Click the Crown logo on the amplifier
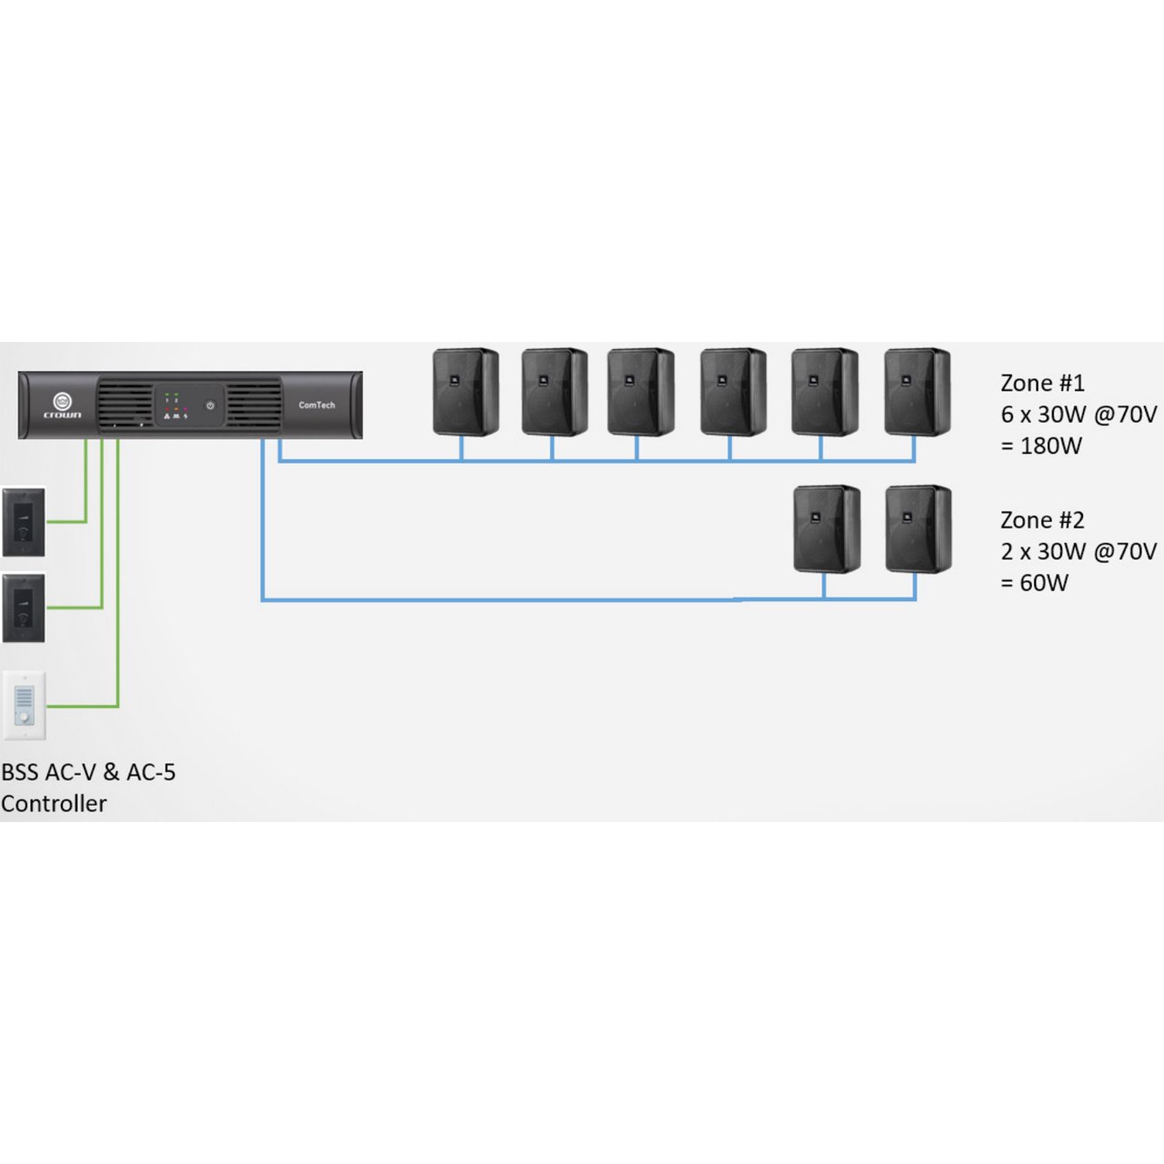63,404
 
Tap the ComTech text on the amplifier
316,405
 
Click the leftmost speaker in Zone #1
465,391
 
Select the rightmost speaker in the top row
917,391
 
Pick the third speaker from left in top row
640,391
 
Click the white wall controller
25,705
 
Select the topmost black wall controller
24,522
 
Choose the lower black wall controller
24,607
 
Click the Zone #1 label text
1042,383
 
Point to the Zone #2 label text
1042,520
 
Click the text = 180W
1041,446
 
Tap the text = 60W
1034,583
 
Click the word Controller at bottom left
54,804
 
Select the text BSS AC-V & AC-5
88,772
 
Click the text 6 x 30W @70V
1079,415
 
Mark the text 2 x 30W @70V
1079,552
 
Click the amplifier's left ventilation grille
124,404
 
